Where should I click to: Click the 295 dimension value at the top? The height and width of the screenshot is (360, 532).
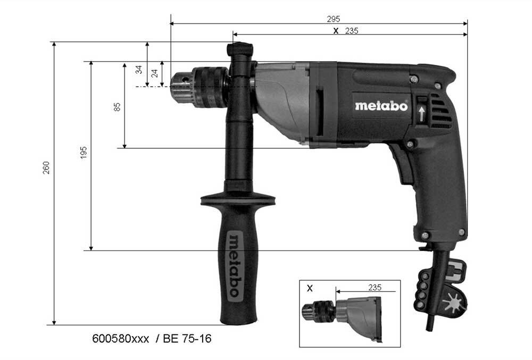(x=334, y=19)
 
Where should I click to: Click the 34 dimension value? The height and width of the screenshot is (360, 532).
(x=139, y=70)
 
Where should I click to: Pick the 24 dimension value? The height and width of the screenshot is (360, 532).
(x=155, y=73)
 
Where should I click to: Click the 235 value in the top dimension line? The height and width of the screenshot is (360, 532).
(x=352, y=31)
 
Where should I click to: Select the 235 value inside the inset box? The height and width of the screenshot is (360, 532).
(x=375, y=287)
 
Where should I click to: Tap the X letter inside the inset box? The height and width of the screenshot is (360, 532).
(x=310, y=288)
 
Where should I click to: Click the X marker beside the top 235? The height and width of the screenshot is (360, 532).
(x=335, y=31)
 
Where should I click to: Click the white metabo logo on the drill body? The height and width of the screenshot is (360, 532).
(x=381, y=106)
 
